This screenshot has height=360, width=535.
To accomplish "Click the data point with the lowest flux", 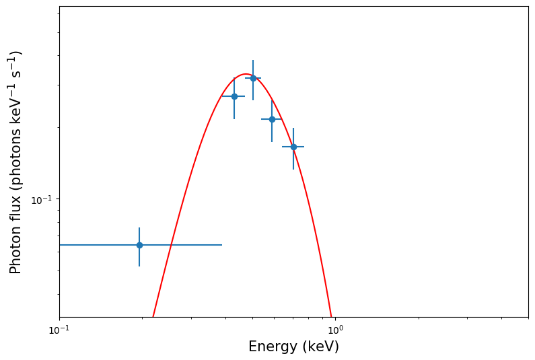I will tap(139, 245).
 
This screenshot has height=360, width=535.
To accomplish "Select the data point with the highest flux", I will tap(253, 78).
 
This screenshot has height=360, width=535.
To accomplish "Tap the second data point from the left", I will tap(234, 96).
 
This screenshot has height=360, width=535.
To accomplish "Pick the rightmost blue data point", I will tap(293, 147).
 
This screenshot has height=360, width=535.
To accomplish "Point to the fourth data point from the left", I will tap(272, 119).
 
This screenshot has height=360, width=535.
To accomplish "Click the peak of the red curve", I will tap(246, 74).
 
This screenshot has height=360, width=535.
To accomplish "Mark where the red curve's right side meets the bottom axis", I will tap(332, 317).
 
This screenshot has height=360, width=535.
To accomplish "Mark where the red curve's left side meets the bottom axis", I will tap(153, 317).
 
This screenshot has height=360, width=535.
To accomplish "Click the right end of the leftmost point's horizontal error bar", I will tap(222, 245).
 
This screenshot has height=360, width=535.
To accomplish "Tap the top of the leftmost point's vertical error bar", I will tap(139, 227).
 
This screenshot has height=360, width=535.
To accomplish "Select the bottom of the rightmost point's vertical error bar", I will tap(293, 169).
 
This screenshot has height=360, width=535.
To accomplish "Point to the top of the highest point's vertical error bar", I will tap(253, 60).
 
